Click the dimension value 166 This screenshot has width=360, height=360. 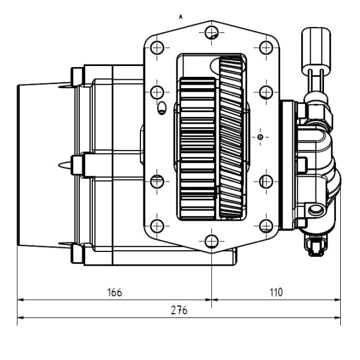click(x=114, y=293)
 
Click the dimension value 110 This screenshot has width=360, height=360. click(x=275, y=293)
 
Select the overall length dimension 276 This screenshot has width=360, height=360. click(x=179, y=310)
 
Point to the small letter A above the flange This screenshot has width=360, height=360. click(x=181, y=17)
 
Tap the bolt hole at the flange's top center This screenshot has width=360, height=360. click(x=211, y=32)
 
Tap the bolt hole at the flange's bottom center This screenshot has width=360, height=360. click(x=211, y=241)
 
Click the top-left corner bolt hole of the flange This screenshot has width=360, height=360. click(x=157, y=47)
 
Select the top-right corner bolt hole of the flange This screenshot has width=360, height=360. click(x=266, y=47)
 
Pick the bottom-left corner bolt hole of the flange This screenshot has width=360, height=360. click(x=157, y=226)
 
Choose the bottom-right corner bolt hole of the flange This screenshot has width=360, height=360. click(x=266, y=226)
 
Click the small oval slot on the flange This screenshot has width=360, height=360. click(x=161, y=109)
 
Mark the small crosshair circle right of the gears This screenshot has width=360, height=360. click(x=259, y=137)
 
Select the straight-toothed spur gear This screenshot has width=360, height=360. click(x=197, y=148)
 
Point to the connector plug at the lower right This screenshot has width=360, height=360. click(x=316, y=245)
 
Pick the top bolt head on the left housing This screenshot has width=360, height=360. click(x=77, y=76)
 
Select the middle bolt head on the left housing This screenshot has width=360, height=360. click(x=77, y=164)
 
